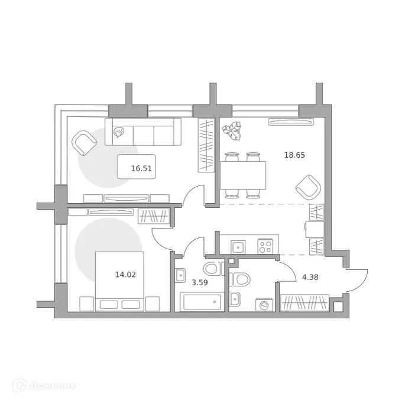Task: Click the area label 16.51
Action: click(x=142, y=168)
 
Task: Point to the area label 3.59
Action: click(x=200, y=282)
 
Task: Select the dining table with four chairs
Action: click(x=243, y=175)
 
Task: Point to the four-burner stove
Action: click(x=266, y=246)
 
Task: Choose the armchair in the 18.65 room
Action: click(x=307, y=187)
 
